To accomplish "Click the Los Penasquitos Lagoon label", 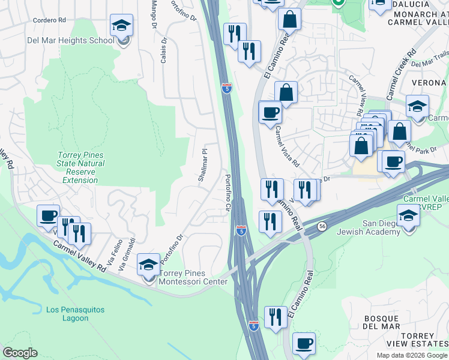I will pos(75,314).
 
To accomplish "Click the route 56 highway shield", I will pos(322,226).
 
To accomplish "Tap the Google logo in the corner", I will pos(20,353).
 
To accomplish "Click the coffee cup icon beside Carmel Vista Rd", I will pos(270,112).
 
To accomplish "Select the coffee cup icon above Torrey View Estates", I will pos(304,344).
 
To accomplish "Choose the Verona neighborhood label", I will pos(429,82).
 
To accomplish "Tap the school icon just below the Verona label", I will pos(417,107).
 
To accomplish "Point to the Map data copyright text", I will pos(411,355).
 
